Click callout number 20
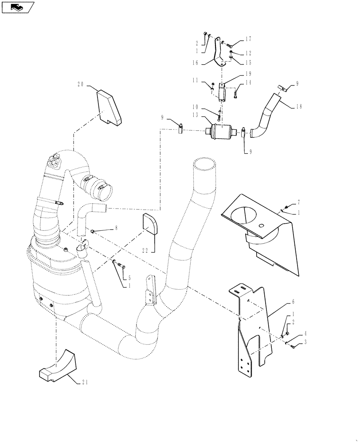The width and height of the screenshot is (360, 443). pyautogui.click(x=81, y=85)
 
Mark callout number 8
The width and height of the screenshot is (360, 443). pyautogui.click(x=116, y=228)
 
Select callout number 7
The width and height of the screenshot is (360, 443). pyautogui.click(x=299, y=202)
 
